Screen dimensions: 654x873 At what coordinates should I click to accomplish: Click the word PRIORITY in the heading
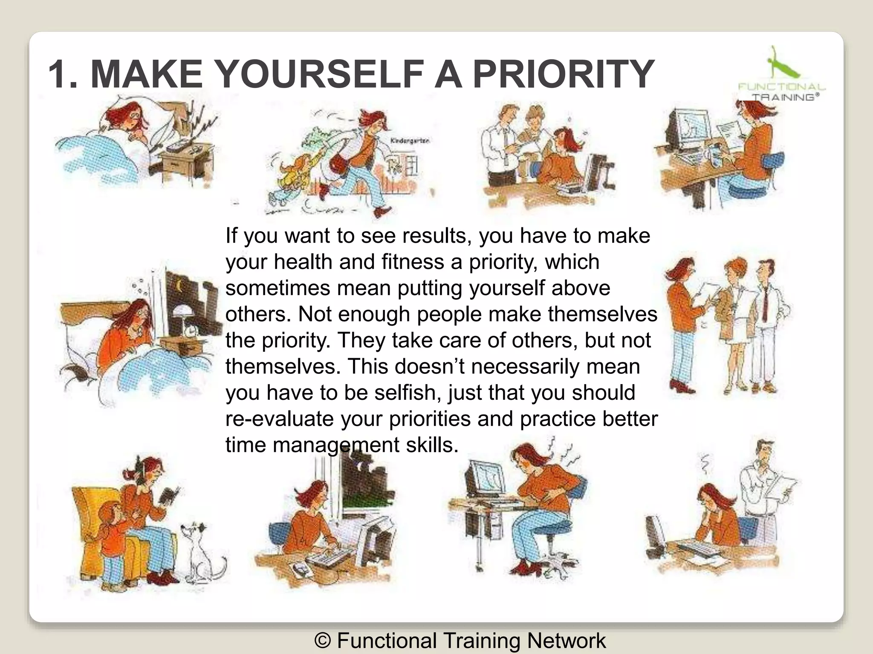[x=564, y=74]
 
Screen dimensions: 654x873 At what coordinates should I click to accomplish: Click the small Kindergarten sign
[x=410, y=141]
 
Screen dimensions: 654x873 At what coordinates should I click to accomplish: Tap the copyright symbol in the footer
[x=323, y=640]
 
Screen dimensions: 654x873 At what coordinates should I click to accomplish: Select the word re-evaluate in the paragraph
[x=279, y=419]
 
